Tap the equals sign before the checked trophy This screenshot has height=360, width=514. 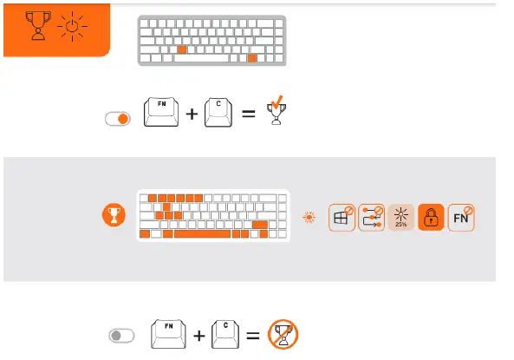point(249,115)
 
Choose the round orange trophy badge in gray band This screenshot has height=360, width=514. point(112,214)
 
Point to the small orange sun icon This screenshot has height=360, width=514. point(308,218)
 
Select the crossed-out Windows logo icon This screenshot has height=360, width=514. point(342,217)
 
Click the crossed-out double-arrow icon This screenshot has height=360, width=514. point(371,217)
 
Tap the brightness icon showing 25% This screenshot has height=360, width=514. point(400,217)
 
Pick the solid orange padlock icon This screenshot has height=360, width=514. point(431,217)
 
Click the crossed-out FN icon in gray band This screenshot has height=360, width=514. point(461,217)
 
